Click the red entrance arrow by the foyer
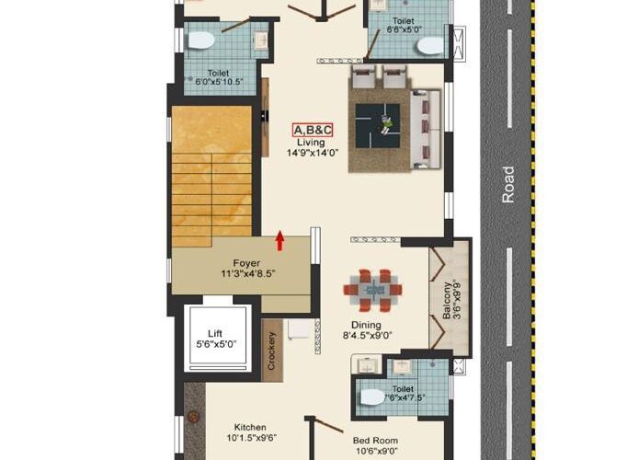pyautogui.click(x=279, y=240)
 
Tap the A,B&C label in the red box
pyautogui.click(x=313, y=130)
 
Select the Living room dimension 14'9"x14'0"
pyautogui.click(x=313, y=153)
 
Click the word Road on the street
pyautogui.click(x=507, y=185)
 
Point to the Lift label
pyautogui.click(x=215, y=334)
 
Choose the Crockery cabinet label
pyautogui.click(x=271, y=351)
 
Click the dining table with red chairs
pyautogui.click(x=372, y=290)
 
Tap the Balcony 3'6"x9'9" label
pyautogui.click(x=451, y=301)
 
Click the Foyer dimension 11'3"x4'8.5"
pyautogui.click(x=248, y=274)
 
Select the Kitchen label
pyautogui.click(x=250, y=427)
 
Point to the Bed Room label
pyautogui.click(x=375, y=441)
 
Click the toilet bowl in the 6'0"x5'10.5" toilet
pyautogui.click(x=201, y=40)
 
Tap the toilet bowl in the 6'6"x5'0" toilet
pyautogui.click(x=430, y=46)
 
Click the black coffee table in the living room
pyautogui.click(x=378, y=126)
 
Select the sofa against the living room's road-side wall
pyautogui.click(x=426, y=129)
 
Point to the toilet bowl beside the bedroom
pyautogui.click(x=373, y=397)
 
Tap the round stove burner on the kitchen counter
pyautogui.click(x=194, y=417)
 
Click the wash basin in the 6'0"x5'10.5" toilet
pyautogui.click(x=261, y=40)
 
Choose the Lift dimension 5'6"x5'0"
pyautogui.click(x=216, y=344)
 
